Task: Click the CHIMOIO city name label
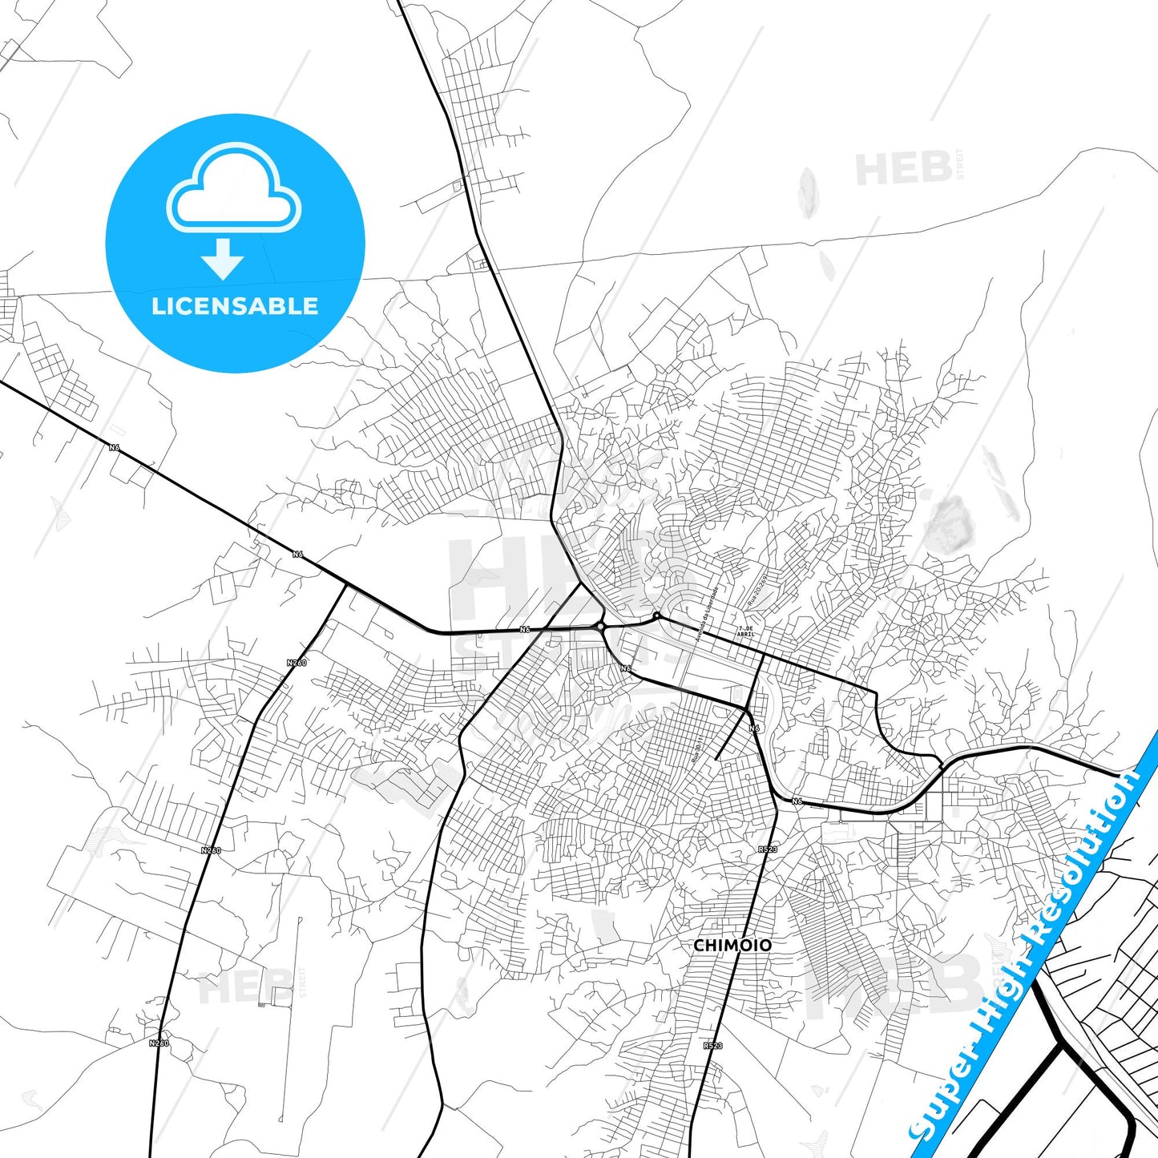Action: pos(732,946)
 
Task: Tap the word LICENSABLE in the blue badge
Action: pos(235,306)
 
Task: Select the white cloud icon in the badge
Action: pos(234,188)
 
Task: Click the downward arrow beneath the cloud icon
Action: pos(223,258)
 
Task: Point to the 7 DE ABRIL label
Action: pos(745,631)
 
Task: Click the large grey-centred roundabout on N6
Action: pos(600,626)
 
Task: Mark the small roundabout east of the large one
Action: pos(656,615)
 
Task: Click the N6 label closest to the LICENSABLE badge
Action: pos(115,447)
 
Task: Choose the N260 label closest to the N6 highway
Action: pos(297,663)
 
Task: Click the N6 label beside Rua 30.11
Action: pos(753,728)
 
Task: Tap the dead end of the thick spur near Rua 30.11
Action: pos(715,758)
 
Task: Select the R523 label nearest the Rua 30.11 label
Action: pos(767,848)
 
